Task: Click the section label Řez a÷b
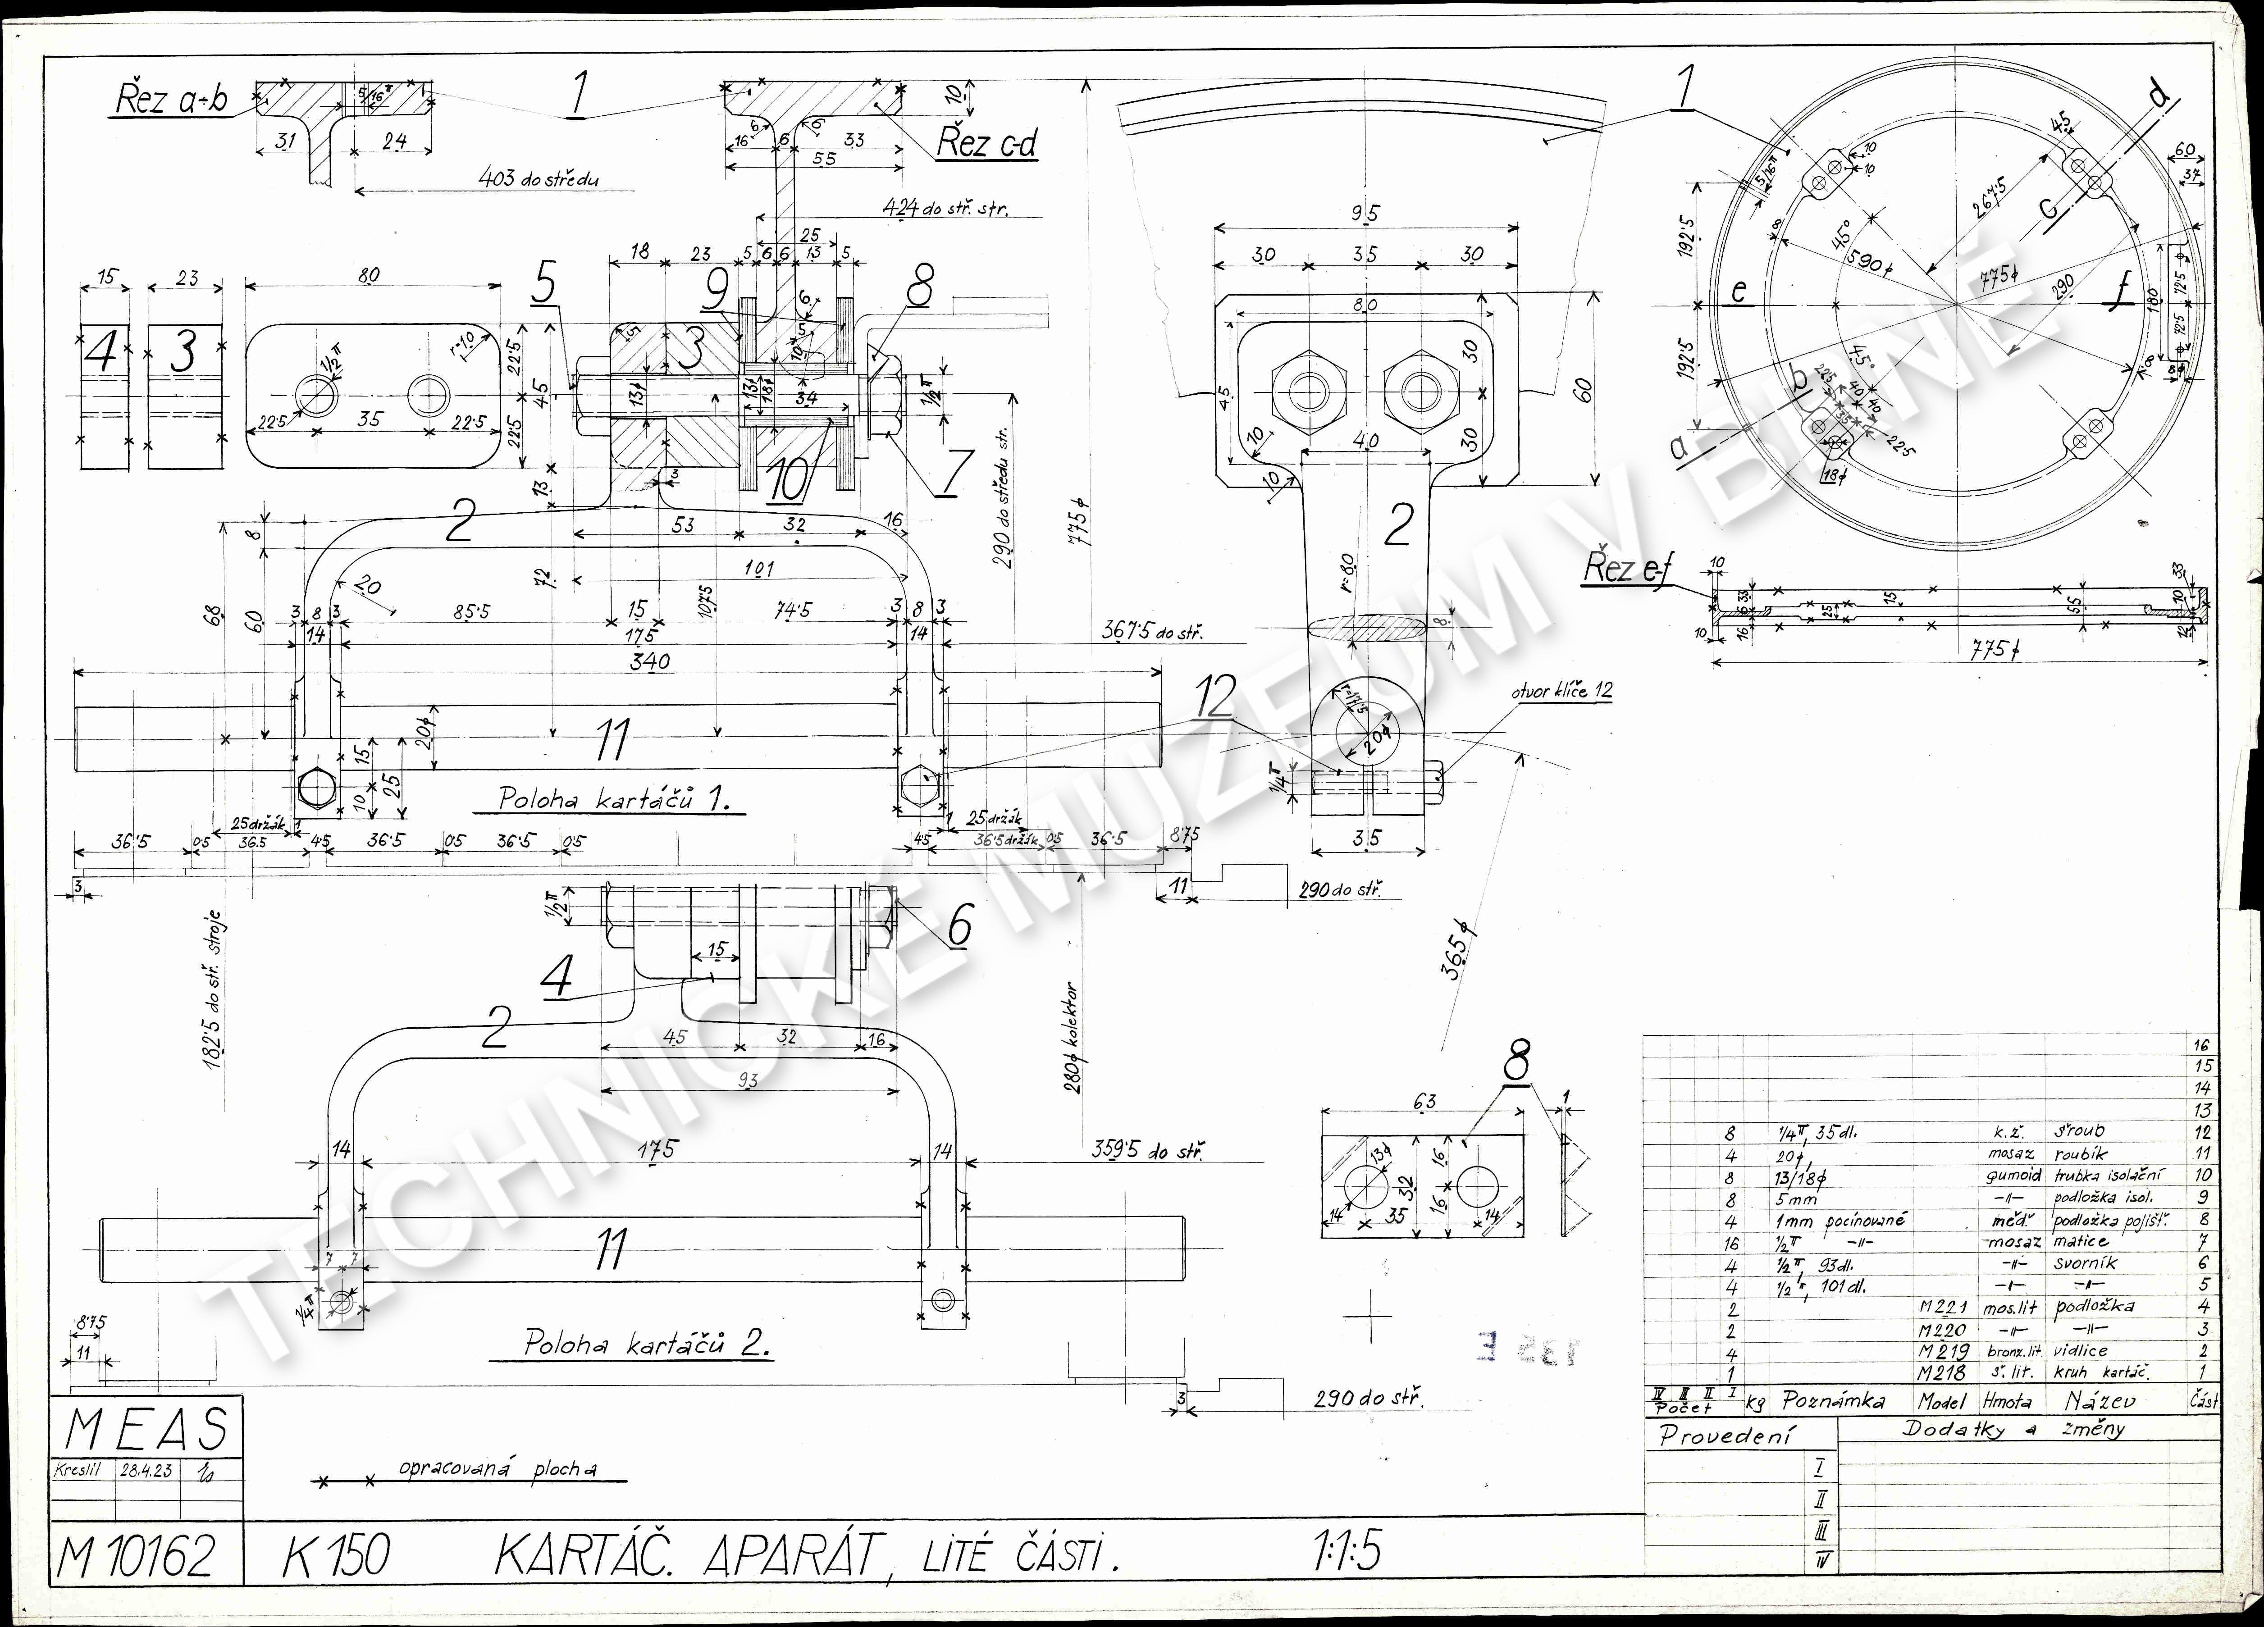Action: tap(172, 100)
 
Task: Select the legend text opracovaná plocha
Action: tap(497, 1469)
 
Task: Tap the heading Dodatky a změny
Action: tap(2013, 1428)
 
